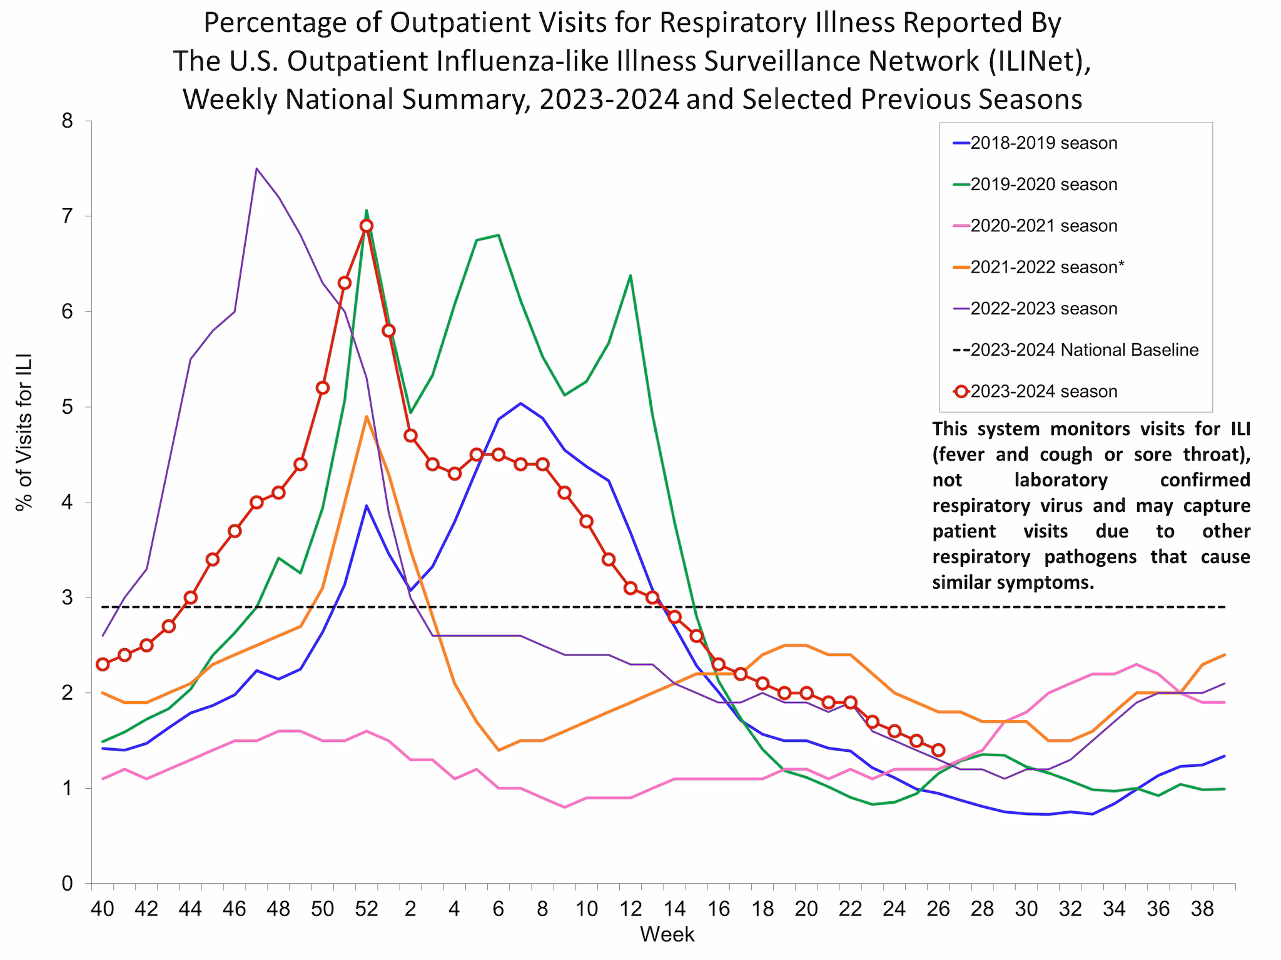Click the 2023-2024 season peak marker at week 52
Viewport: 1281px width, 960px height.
tap(367, 226)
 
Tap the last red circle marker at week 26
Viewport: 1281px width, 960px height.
tap(938, 750)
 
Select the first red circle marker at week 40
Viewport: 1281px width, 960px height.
tap(103, 664)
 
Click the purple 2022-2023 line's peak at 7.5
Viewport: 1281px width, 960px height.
tap(256, 169)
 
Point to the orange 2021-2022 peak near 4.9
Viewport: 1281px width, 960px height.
tap(367, 416)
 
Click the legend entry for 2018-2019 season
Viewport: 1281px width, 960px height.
tap(1043, 143)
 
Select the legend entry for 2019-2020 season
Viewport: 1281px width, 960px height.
tap(1043, 184)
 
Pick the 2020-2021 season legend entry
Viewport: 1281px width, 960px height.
tap(1043, 226)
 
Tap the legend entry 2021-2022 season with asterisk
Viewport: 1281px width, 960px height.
tap(1047, 267)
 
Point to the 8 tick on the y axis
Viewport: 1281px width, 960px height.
tap(67, 121)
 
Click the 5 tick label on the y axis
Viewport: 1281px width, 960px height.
tap(67, 407)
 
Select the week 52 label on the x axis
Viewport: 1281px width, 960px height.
tap(367, 909)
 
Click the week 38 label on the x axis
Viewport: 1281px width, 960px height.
tap(1202, 909)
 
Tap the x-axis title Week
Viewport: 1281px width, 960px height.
tap(667, 934)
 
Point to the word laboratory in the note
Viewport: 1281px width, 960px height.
tap(1061, 480)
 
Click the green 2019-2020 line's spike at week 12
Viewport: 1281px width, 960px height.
tap(630, 276)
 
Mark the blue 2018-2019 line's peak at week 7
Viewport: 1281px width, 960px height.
tap(520, 403)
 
